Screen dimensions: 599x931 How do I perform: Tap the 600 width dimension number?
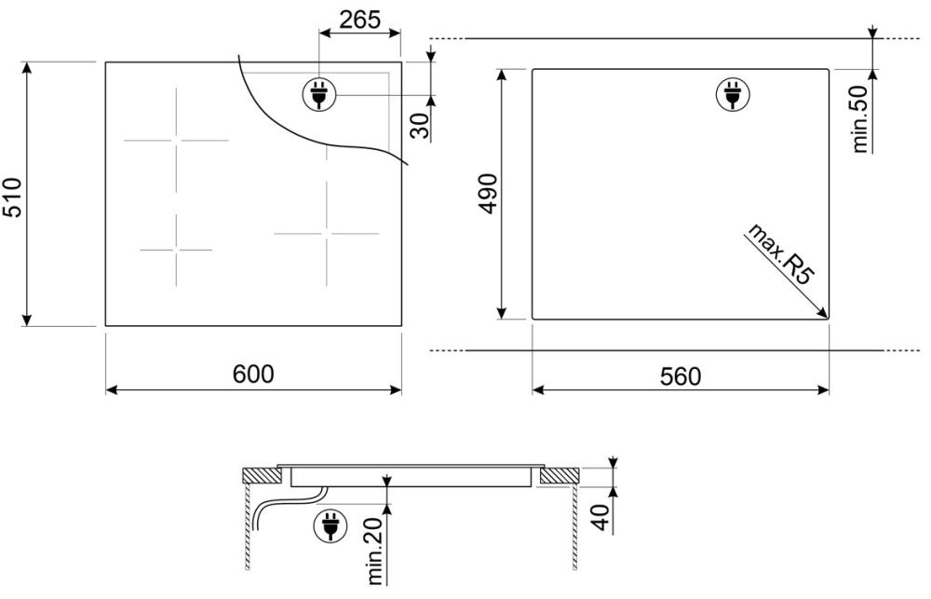252,374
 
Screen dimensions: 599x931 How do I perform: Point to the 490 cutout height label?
489,194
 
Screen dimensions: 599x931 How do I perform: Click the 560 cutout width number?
680,375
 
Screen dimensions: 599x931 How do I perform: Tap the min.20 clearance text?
376,552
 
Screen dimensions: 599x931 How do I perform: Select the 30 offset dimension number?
420,124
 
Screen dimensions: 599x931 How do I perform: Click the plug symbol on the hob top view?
318,94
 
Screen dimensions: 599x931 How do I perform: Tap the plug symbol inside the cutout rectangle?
732,94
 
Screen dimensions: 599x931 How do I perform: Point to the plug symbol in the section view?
331,526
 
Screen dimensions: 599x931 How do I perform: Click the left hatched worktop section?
261,476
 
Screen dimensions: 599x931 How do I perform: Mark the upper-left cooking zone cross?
175,141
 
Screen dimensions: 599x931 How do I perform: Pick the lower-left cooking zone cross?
175,250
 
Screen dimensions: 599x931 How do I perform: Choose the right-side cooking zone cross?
327,233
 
